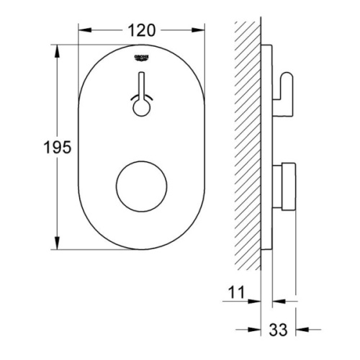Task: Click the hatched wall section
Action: click(248, 144)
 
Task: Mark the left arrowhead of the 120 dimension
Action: click(81, 31)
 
